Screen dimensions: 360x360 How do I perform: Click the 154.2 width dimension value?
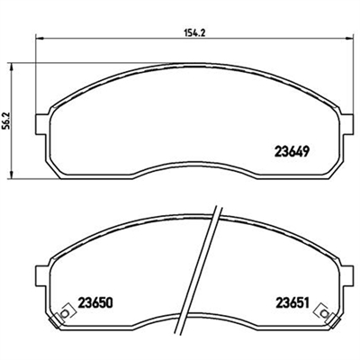pos(194,33)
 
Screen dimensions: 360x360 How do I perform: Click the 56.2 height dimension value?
pos(8,121)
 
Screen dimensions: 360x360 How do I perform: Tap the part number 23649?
pos(292,152)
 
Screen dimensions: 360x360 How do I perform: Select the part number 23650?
pos(95,303)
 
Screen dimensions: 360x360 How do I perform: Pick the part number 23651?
pos(292,303)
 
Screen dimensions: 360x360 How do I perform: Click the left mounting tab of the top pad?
pos(41,124)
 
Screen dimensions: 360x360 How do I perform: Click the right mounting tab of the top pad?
pos(346,124)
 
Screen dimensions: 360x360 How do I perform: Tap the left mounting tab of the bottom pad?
pos(41,275)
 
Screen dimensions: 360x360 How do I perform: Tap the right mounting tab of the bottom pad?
pos(346,275)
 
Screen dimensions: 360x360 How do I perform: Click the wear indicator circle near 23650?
pos(64,314)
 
